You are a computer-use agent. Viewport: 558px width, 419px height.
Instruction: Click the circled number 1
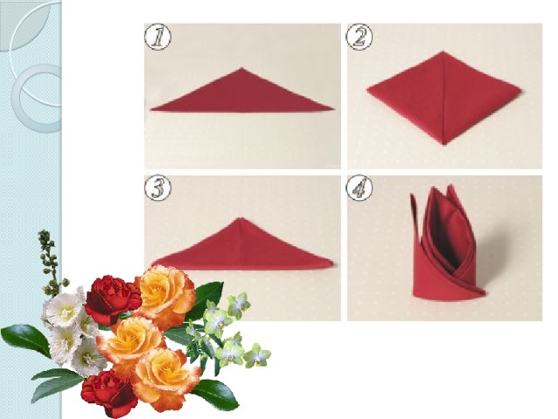pos(158,37)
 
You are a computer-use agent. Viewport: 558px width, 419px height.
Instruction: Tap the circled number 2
pos(359,37)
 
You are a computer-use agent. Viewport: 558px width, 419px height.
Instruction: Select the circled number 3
pos(158,189)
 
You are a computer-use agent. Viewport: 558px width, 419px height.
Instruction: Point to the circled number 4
pos(359,189)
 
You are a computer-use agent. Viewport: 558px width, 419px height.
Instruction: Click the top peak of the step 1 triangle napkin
pos(242,68)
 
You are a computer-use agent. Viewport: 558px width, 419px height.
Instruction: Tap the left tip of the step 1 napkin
pos(151,109)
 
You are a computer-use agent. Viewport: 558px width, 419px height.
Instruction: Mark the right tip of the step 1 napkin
pos(333,109)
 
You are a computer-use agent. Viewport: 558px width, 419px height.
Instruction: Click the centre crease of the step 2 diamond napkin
pos(444,98)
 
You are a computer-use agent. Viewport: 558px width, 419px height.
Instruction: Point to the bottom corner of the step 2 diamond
pos(444,144)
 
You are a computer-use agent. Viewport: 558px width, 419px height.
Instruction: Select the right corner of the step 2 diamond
pos(521,91)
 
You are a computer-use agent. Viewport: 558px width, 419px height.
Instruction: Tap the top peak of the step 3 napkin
pos(241,218)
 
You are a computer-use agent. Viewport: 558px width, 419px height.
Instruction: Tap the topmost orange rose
pos(166,292)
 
